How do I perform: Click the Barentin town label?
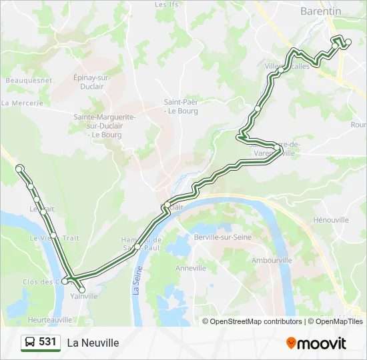pyautogui.click(x=320, y=11)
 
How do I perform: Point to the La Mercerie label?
pyautogui.click(x=22, y=103)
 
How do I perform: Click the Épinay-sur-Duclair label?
pyautogui.click(x=91, y=82)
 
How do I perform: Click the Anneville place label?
pyautogui.click(x=191, y=268)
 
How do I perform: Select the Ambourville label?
pyautogui.click(x=272, y=260)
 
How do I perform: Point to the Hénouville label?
pyautogui.click(x=331, y=219)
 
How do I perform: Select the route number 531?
pyautogui.click(x=47, y=342)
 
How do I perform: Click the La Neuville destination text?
pyautogui.click(x=93, y=343)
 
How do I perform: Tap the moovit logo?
pyautogui.click(x=316, y=343)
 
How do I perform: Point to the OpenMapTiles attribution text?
pyautogui.click(x=339, y=321)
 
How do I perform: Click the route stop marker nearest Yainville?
pyautogui.click(x=82, y=290)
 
